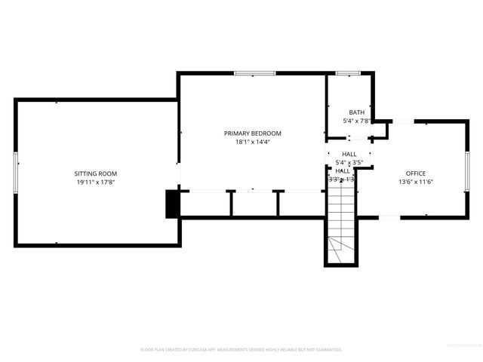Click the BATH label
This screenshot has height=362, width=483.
pyautogui.click(x=356, y=112)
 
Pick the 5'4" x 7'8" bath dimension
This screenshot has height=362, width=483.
pyautogui.click(x=356, y=121)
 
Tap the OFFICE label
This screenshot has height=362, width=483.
pyautogui.click(x=416, y=173)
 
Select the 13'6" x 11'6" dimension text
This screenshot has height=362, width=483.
pyautogui.click(x=416, y=182)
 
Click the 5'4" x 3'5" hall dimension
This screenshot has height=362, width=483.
pyautogui.click(x=349, y=162)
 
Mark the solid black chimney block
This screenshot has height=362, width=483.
pyautogui.click(x=173, y=203)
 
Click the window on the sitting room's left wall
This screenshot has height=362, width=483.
pyautogui.click(x=16, y=171)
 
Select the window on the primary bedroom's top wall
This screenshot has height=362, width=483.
pyautogui.click(x=254, y=73)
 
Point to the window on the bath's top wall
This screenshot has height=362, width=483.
pyautogui.click(x=348, y=73)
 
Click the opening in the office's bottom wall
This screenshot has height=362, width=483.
pyautogui.click(x=389, y=218)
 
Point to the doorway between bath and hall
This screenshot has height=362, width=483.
pyautogui.click(x=349, y=138)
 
